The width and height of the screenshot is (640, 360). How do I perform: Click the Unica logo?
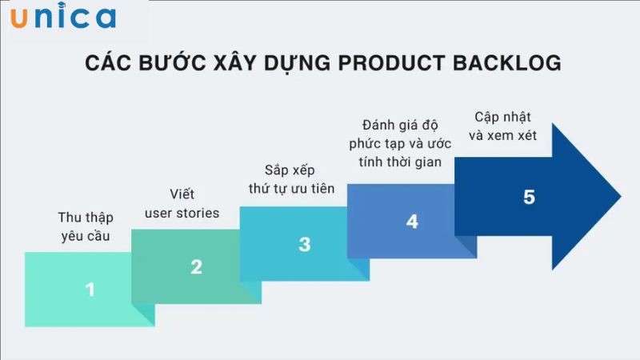pyautogui.click(x=63, y=18)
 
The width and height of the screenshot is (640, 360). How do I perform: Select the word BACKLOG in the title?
pyautogui.click(x=513, y=64)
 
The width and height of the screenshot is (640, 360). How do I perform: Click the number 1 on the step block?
pyautogui.click(x=90, y=290)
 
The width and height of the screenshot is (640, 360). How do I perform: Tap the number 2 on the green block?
pyautogui.click(x=196, y=267)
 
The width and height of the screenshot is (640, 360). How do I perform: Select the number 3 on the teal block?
pyautogui.click(x=304, y=245)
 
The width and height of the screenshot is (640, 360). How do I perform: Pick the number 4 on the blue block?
pyautogui.click(x=412, y=222)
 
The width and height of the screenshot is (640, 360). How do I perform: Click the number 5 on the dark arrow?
pyautogui.click(x=529, y=197)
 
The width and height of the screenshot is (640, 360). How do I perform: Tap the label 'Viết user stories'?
pyautogui.click(x=182, y=204)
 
